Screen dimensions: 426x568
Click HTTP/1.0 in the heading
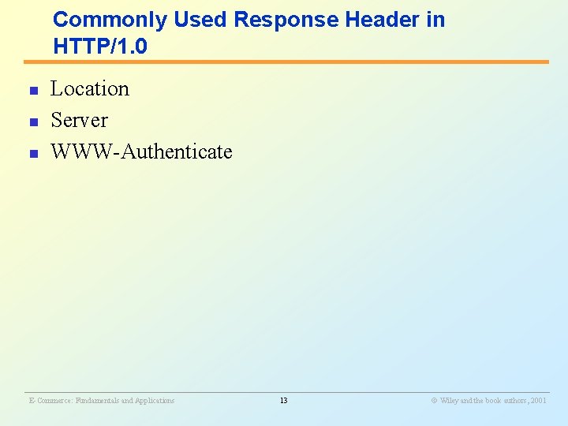100,47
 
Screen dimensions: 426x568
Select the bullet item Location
90,88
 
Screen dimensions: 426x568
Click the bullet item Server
79,120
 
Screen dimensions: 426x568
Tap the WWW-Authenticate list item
141,151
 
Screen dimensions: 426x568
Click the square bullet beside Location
33,92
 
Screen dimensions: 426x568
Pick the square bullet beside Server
33,123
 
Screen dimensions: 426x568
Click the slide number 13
283,401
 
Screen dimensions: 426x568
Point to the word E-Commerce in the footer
50,401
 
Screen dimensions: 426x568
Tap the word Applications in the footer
155,401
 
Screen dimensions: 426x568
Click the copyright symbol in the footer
433,401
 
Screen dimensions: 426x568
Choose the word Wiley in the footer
449,401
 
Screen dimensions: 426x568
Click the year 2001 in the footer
538,401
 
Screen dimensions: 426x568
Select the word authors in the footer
514,401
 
